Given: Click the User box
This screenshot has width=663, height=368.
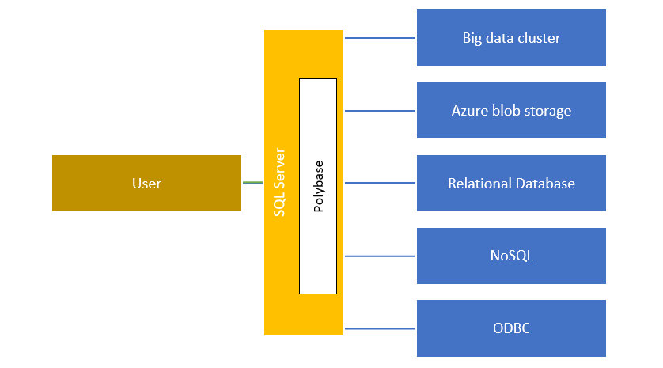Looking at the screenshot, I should (x=146, y=184).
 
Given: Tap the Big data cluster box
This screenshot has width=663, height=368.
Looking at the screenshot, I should (x=511, y=38).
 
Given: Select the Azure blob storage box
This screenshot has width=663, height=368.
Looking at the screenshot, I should (x=511, y=111).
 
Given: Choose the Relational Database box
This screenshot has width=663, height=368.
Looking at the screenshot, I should (x=511, y=184).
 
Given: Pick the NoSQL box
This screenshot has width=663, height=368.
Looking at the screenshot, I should (x=511, y=256).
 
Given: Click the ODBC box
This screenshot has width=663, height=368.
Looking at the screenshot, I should (x=511, y=328).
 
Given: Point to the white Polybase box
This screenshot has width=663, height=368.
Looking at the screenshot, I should (x=318, y=186).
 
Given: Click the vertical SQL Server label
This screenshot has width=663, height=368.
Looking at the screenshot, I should (x=279, y=183).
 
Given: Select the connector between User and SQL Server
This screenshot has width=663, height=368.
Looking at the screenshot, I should (x=252, y=183).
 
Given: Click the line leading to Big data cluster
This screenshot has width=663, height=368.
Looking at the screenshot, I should (x=380, y=38).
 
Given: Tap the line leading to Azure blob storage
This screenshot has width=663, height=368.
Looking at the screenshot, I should (x=380, y=111).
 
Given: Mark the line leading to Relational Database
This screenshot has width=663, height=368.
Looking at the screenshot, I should (x=380, y=184).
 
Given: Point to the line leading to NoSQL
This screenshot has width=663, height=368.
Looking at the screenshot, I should (x=380, y=256).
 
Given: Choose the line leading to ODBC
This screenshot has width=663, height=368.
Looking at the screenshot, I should (x=380, y=328).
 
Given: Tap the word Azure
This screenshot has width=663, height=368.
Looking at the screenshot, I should (x=468, y=111).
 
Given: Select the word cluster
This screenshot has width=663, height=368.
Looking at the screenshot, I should (x=538, y=38).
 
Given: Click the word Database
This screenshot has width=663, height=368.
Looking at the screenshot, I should (x=545, y=184).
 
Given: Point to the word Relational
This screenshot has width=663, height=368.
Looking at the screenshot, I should (x=479, y=184).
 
